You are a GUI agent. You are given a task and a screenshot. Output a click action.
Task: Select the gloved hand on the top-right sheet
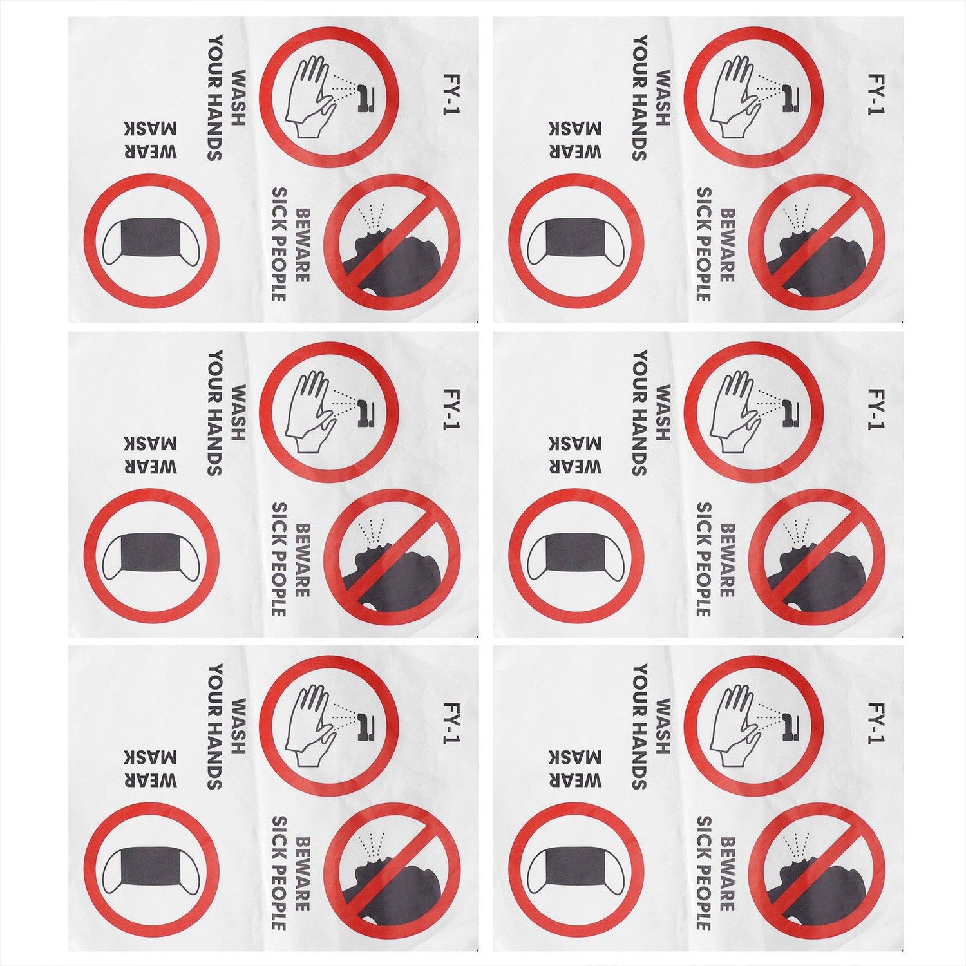coord(734,97)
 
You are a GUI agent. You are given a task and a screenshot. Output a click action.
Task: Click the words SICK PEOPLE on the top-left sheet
coord(279,245)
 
